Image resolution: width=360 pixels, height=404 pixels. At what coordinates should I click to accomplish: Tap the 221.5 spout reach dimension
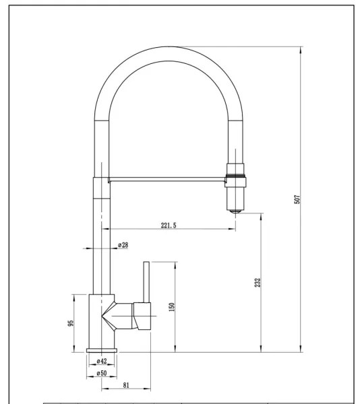point(169,226)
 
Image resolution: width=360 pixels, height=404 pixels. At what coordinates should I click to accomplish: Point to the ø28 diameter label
point(123,244)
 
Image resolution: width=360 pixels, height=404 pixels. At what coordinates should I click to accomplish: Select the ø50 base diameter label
point(102,372)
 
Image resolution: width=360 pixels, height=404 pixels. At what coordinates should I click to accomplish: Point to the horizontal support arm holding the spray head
point(165,179)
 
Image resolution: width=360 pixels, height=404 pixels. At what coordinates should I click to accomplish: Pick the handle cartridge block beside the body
point(144,316)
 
